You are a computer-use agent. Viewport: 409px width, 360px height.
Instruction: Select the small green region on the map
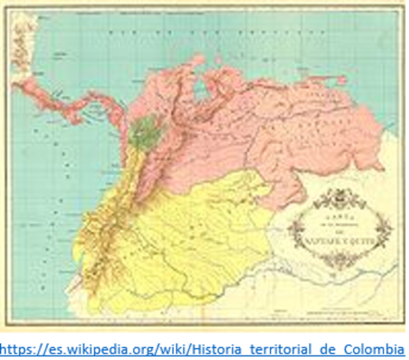click(144, 130)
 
